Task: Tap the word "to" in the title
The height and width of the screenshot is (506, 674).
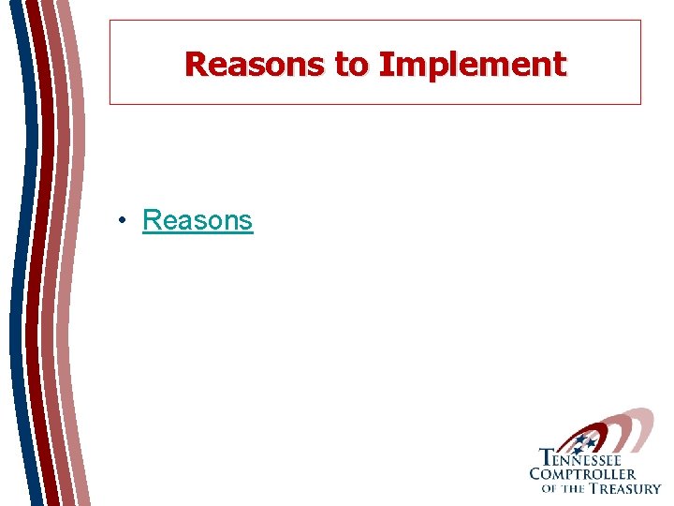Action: pyautogui.click(x=351, y=64)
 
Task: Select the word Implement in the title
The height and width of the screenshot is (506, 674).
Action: pyautogui.click(x=472, y=64)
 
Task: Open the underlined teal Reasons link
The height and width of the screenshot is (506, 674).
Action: pyautogui.click(x=198, y=220)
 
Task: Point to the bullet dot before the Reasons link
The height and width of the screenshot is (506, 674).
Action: pyautogui.click(x=123, y=221)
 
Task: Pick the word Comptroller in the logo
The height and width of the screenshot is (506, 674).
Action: pyautogui.click(x=582, y=474)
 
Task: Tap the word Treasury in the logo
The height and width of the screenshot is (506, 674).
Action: pyautogui.click(x=623, y=487)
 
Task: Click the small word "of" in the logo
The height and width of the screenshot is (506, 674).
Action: pyautogui.click(x=549, y=488)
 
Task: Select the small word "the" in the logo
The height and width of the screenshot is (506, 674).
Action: pyautogui.click(x=571, y=488)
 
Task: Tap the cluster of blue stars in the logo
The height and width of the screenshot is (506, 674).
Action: pyautogui.click(x=584, y=441)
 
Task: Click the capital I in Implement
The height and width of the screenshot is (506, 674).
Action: pyautogui.click(x=385, y=64)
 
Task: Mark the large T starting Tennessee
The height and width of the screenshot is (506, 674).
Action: pyautogui.click(x=545, y=458)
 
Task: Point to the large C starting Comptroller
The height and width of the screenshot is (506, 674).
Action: pyautogui.click(x=536, y=473)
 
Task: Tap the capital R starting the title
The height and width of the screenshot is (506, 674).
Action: pyautogui.click(x=195, y=64)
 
